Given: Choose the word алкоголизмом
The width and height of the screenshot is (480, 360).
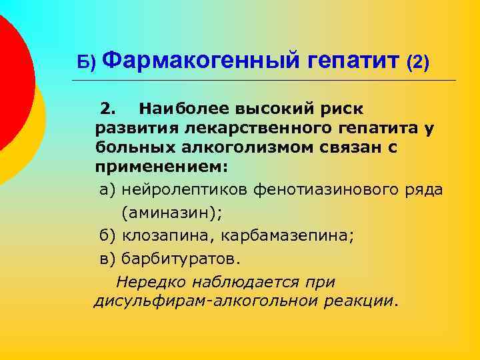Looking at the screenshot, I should (x=231, y=146).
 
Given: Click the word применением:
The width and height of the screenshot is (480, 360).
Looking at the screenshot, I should (x=152, y=165).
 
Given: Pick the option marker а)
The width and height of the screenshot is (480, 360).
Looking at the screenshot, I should (x=107, y=190).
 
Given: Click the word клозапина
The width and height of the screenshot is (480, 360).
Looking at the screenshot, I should (x=157, y=236).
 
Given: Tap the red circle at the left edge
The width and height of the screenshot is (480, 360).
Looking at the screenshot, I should (x=9, y=80).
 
